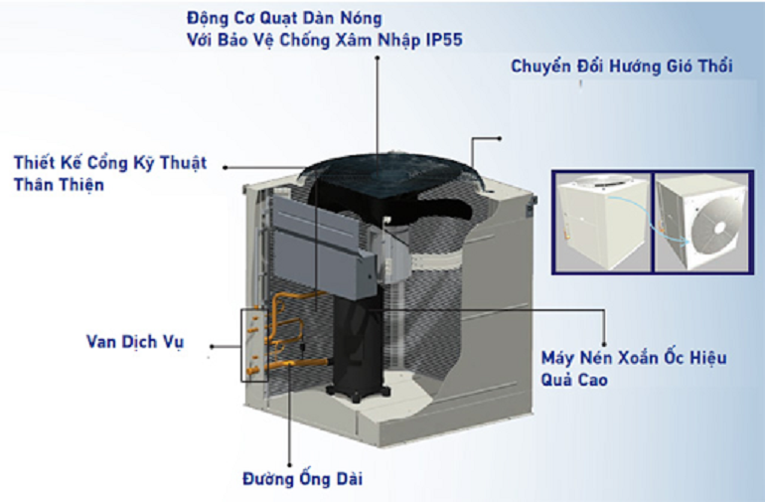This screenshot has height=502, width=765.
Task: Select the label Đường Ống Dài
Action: point(303,479)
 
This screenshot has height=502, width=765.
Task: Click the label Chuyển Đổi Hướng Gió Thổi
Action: point(622,67)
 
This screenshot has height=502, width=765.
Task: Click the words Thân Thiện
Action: point(59,185)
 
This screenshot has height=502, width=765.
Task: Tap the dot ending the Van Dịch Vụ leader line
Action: point(211,348)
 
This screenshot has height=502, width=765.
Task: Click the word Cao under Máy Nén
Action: point(587,379)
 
